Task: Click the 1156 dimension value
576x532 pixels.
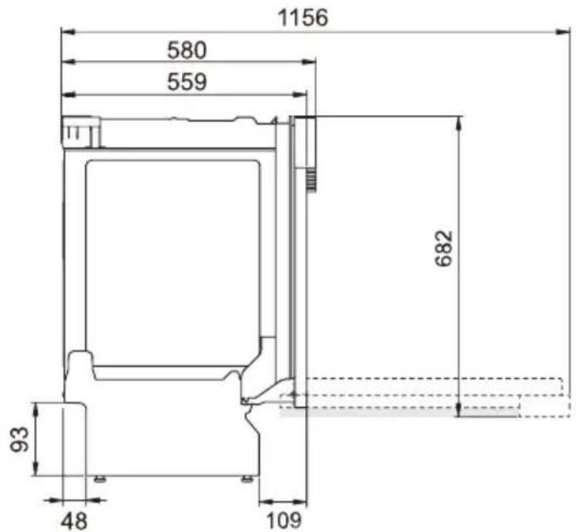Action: coord(303,18)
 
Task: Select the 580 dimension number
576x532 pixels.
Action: coord(187,50)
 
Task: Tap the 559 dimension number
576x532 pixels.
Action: coord(187,82)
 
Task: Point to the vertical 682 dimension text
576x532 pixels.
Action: coord(443,249)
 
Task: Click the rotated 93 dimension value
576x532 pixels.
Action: coord(19,439)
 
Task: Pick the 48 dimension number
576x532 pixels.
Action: coord(74,521)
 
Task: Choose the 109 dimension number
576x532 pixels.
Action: coord(283,521)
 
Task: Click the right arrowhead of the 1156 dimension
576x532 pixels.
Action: coord(563,32)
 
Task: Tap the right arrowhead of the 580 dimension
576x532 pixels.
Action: coord(308,62)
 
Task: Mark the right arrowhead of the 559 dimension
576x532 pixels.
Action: coord(299,95)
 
